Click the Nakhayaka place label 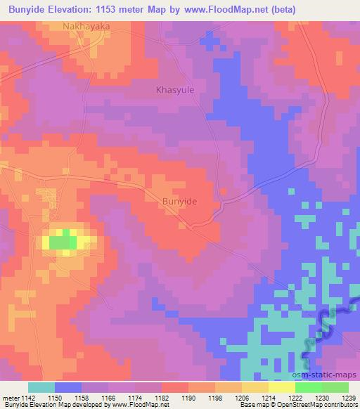tap(86, 27)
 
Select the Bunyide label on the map tap(179, 201)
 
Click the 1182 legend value tap(162, 398)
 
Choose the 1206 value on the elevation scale tap(242, 398)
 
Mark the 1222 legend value tap(295, 398)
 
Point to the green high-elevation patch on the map tap(63, 242)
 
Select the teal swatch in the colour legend tap(41, 388)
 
